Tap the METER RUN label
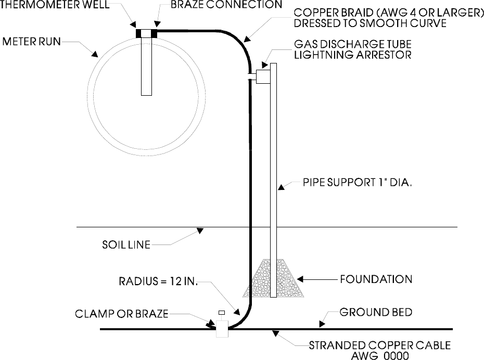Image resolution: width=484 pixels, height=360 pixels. click(32, 41)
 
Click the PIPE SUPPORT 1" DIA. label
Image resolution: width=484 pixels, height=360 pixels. click(353, 184)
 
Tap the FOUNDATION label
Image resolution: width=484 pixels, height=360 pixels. click(376, 279)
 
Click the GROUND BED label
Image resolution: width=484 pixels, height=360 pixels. click(376, 313)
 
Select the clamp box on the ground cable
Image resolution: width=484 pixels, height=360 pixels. click(222, 329)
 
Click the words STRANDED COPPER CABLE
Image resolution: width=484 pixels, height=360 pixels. click(380, 345)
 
